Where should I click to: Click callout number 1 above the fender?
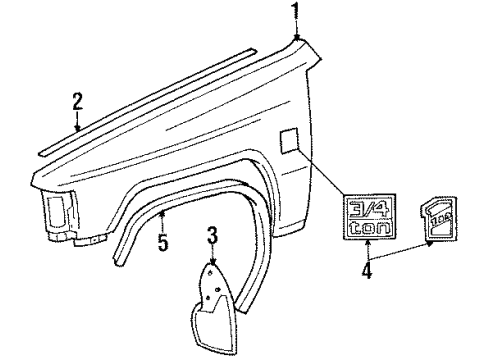[x=295, y=12]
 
